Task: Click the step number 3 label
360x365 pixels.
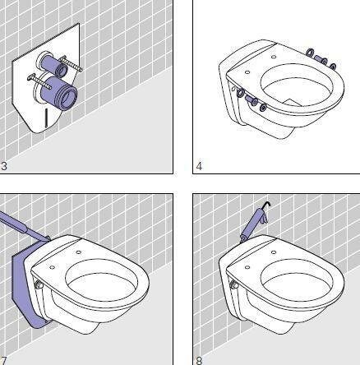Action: pyautogui.click(x=3, y=166)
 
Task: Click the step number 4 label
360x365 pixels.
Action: pyautogui.click(x=199, y=166)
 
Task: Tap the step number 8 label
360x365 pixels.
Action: pyautogui.click(x=199, y=360)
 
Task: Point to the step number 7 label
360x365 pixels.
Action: pyautogui.click(x=3, y=361)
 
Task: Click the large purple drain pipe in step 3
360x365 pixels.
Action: pyautogui.click(x=59, y=93)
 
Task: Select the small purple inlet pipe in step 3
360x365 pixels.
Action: pyautogui.click(x=54, y=65)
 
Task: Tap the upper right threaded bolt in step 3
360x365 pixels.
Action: pyautogui.click(x=71, y=64)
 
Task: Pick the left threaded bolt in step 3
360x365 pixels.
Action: pyautogui.click(x=39, y=82)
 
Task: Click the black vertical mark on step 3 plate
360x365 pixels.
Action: pyautogui.click(x=47, y=118)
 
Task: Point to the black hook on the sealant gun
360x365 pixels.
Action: pyautogui.click(x=266, y=205)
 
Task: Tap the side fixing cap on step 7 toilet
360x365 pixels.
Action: pyautogui.click(x=39, y=284)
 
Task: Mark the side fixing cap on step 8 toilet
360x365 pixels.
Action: pyautogui.click(x=234, y=284)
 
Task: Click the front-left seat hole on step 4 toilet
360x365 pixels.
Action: pyautogui.click(x=247, y=72)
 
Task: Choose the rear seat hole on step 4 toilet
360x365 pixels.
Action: pyautogui.click(x=274, y=57)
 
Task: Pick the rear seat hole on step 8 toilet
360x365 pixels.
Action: pyautogui.click(x=274, y=252)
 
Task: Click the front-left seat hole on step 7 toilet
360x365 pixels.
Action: pyautogui.click(x=52, y=267)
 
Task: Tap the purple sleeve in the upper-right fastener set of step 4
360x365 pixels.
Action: pyautogui.click(x=319, y=58)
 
